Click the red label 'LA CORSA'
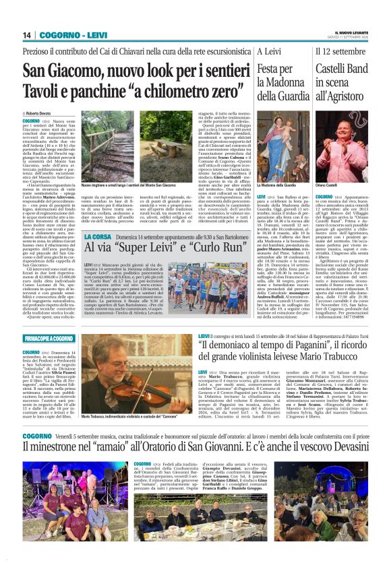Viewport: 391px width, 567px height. tap(98, 238)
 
